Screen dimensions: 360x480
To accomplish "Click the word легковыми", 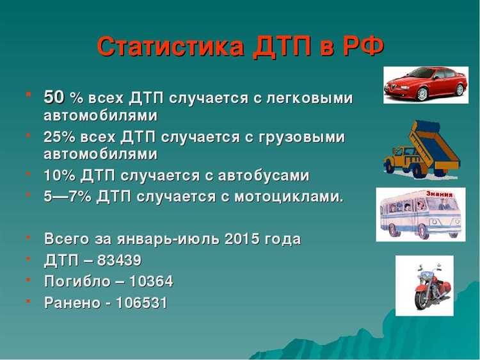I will point(312,98).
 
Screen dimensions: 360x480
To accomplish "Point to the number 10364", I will point(151,281).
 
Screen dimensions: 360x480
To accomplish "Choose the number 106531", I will point(141,302).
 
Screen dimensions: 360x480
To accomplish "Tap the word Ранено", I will point(68,302).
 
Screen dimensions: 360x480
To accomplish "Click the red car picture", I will point(425,85).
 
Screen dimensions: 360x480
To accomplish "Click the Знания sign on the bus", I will point(439,194).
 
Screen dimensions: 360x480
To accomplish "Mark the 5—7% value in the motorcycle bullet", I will point(67,196).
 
